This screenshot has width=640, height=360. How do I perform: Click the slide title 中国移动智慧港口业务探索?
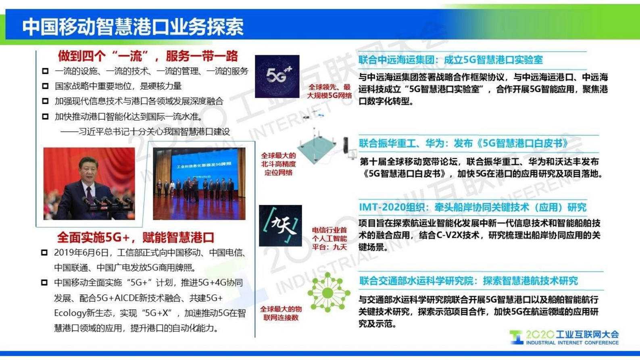tap(133, 27)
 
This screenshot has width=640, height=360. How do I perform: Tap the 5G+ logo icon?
tap(277, 76)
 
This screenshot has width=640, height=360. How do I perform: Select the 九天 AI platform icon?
tap(280, 226)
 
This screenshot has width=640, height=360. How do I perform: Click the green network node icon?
tap(328, 292)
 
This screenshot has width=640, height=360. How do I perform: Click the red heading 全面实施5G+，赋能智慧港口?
tap(136, 237)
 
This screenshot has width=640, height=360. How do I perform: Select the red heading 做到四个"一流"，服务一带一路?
tap(148, 56)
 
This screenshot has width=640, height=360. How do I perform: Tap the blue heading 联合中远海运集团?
tap(450, 60)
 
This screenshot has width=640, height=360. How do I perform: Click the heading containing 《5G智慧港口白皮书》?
tap(463, 144)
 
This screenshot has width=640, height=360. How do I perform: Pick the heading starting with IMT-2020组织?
tap(472, 207)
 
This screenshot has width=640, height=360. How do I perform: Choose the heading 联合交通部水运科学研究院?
tap(468, 281)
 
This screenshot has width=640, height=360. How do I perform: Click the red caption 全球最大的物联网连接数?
tap(281, 313)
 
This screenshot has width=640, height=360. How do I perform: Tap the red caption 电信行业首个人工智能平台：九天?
tap(329, 238)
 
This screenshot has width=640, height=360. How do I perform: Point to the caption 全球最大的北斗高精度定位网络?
tap(278, 164)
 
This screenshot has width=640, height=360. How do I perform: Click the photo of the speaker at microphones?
tap(89, 184)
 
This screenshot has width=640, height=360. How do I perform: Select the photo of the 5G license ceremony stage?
tap(199, 184)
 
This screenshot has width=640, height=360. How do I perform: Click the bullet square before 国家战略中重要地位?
tap(45, 86)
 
